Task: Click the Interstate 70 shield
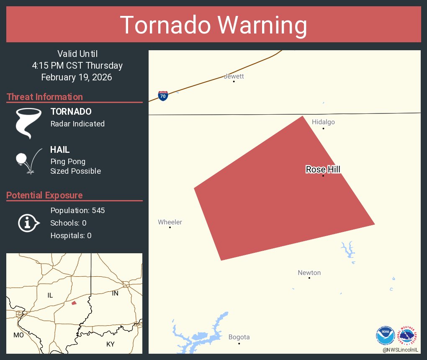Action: [x=163, y=96]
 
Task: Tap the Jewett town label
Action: [x=234, y=76]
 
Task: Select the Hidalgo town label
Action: [x=323, y=122]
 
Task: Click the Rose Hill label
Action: [x=323, y=169]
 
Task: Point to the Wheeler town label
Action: [x=170, y=222]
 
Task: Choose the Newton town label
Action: [x=309, y=273]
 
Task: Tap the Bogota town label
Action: [x=239, y=337]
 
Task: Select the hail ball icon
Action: [x=21, y=159]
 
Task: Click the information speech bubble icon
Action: [x=28, y=223]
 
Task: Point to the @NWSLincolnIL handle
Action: [x=401, y=350]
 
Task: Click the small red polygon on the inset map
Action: [x=74, y=303]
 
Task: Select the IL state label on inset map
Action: [x=50, y=295]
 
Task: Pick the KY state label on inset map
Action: [x=110, y=344]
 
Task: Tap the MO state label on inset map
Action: [x=18, y=335]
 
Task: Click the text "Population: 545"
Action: [x=77, y=210]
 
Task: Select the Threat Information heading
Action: [x=45, y=97]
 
